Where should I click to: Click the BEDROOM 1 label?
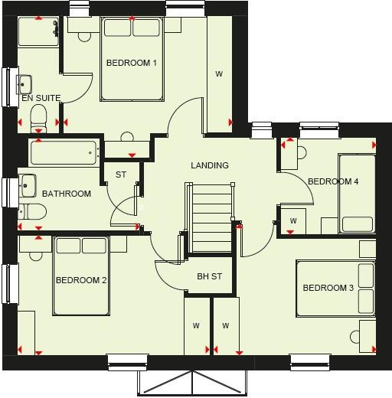pyautogui.click(x=132, y=63)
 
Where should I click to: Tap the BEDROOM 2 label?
pyautogui.click(x=81, y=280)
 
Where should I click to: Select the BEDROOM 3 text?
pyautogui.click(x=328, y=288)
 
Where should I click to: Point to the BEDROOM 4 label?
pyautogui.click(x=333, y=181)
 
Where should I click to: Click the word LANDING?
pyautogui.click(x=210, y=165)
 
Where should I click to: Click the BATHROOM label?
pyautogui.click(x=67, y=194)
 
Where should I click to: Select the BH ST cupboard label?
pyautogui.click(x=209, y=276)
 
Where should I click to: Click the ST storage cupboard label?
pyautogui.click(x=121, y=175)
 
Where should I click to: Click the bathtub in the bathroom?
pyautogui.click(x=64, y=152)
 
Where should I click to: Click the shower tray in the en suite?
pyautogui.click(x=38, y=31)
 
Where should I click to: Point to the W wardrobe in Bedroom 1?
pyautogui.click(x=219, y=73)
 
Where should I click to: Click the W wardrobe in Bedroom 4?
pyautogui.click(x=293, y=221)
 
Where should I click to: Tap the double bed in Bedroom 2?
pyautogui.click(x=80, y=276)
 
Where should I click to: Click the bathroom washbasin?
pyautogui.click(x=28, y=185)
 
